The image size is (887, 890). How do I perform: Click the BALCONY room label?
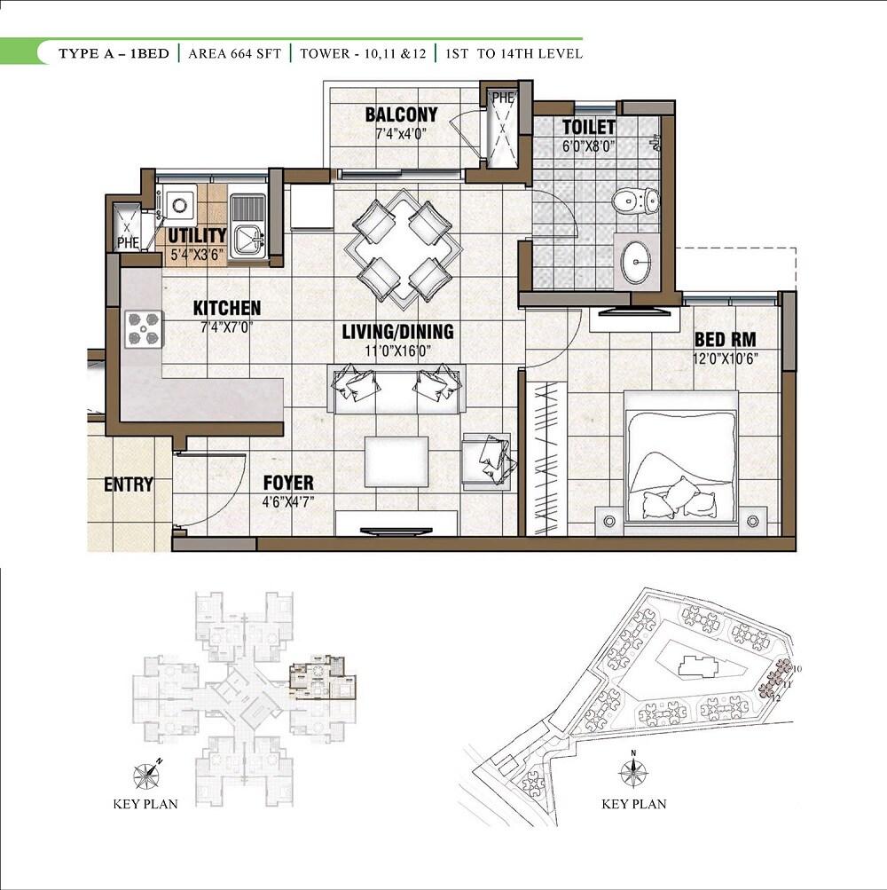coord(401,114)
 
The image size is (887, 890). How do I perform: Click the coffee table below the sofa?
coord(396,461)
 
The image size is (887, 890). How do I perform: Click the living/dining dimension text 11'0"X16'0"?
coord(398,350)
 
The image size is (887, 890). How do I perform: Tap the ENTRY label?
coord(129,485)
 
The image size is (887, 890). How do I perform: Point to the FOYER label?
coord(288,483)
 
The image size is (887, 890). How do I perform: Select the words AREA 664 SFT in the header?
coord(234,54)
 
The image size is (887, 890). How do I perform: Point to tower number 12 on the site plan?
coord(776,697)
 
